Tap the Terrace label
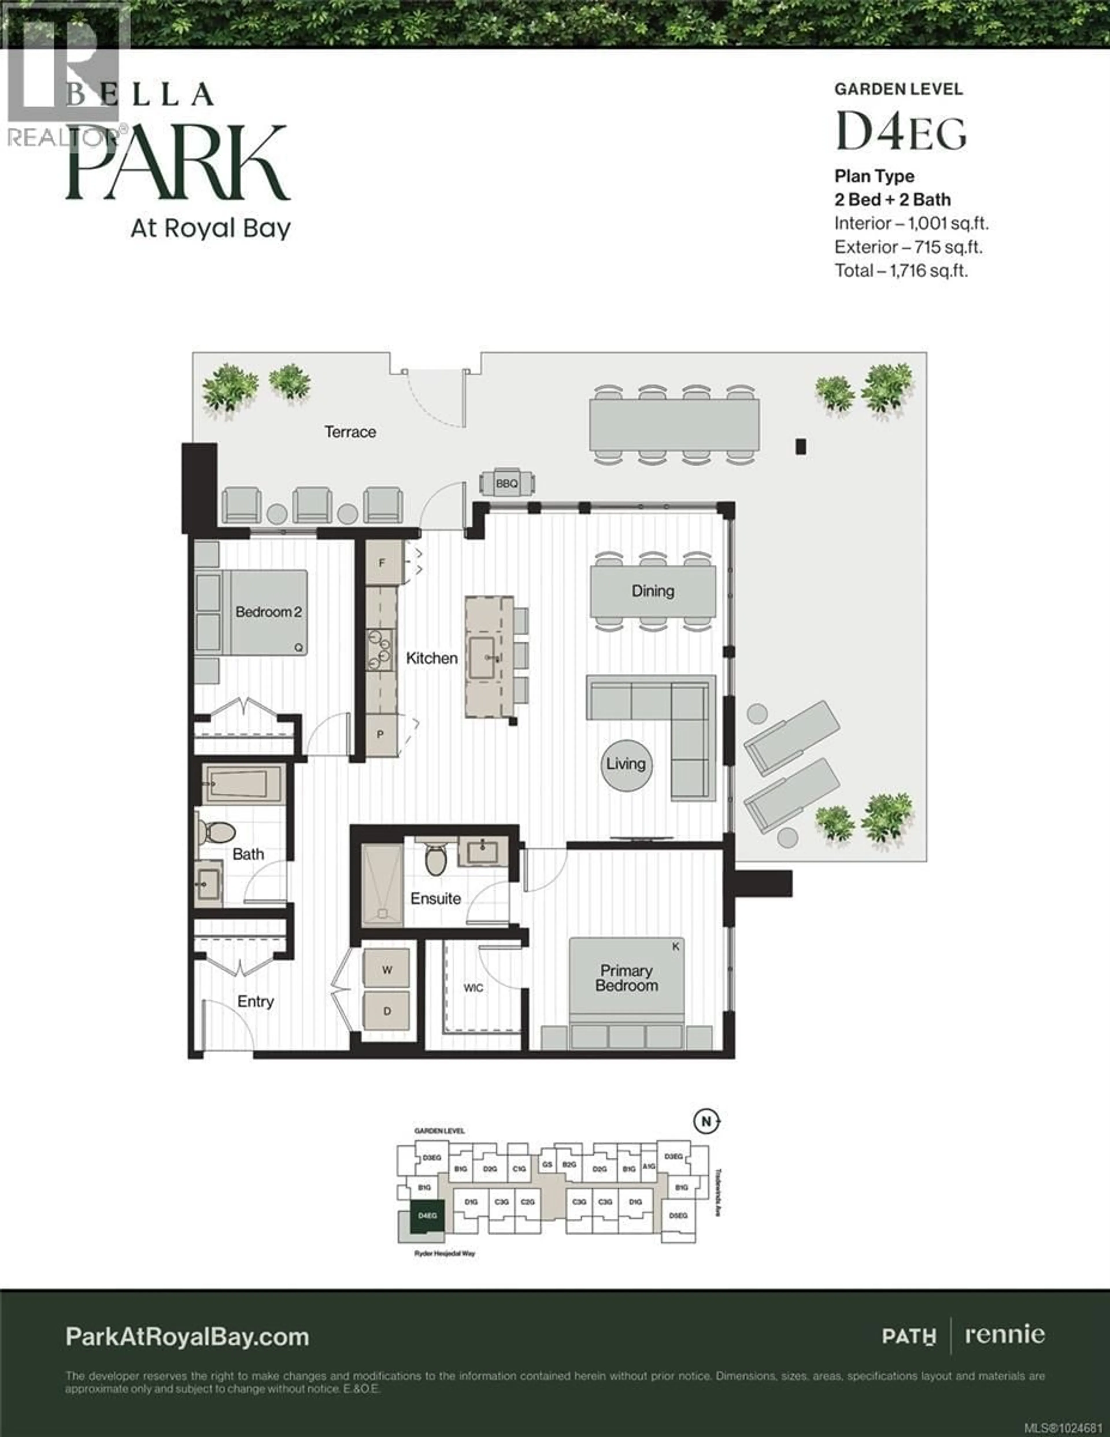[350, 432]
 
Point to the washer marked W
[387, 970]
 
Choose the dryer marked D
[387, 1011]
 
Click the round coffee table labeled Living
[626, 764]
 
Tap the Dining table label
[653, 591]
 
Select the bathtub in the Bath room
[243, 784]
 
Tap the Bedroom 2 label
[269, 612]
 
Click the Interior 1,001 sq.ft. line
[911, 224]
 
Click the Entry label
[255, 1001]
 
